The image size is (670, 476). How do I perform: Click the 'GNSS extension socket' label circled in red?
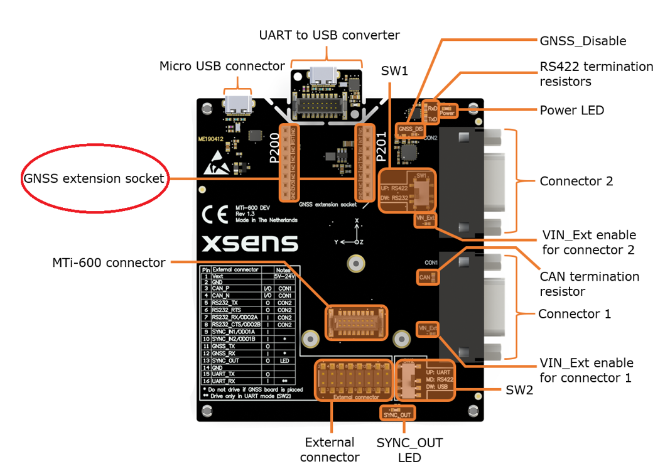pyautogui.click(x=94, y=178)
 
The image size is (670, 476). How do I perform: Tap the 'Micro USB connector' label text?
pyautogui.click(x=222, y=66)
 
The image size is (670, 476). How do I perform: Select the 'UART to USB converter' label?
pyautogui.click(x=329, y=35)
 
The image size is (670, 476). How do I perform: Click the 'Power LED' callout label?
pyautogui.click(x=571, y=111)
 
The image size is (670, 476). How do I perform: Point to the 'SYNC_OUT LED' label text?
pyautogui.click(x=409, y=450)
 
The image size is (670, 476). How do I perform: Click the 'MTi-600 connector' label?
pyautogui.click(x=109, y=262)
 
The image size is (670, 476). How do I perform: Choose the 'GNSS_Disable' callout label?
pyautogui.click(x=583, y=41)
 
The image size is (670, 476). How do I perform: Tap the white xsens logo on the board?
pyautogui.click(x=249, y=244)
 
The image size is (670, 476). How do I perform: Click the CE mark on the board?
pyautogui.click(x=215, y=215)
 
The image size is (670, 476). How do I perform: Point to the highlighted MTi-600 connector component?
pyautogui.click(x=356, y=323)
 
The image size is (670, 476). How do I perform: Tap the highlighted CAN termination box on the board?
pyautogui.click(x=425, y=276)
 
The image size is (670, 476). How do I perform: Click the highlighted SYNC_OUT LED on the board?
pyautogui.click(x=397, y=414)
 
